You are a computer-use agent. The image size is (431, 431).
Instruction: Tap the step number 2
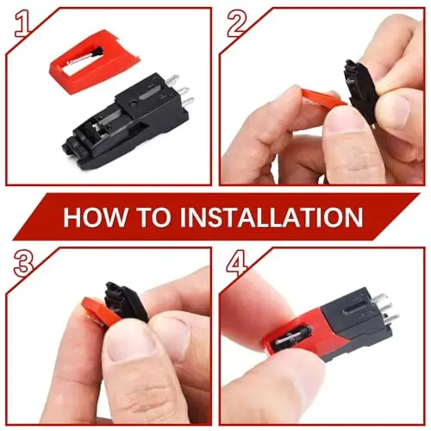(237, 25)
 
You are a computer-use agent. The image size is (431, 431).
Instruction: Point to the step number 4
(237, 263)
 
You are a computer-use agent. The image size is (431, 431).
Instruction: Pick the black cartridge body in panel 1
(127, 119)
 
